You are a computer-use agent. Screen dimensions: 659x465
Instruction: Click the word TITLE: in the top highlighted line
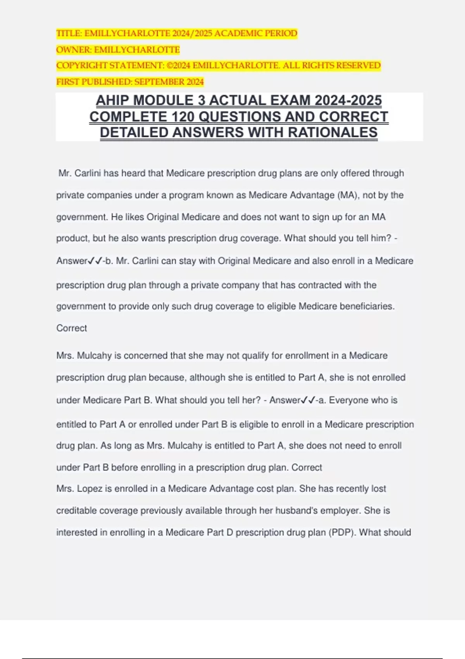coord(69,33)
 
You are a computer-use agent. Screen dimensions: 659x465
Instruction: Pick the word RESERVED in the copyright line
coord(358,66)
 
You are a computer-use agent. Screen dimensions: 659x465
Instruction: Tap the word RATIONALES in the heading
coord(333,133)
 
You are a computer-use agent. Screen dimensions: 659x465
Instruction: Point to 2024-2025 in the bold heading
coord(348,100)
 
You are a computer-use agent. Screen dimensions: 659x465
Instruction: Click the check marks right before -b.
coord(95,261)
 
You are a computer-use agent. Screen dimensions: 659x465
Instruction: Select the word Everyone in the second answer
coord(347,400)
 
